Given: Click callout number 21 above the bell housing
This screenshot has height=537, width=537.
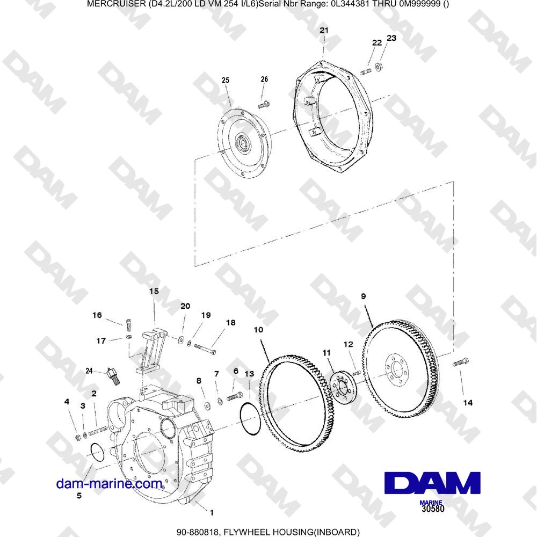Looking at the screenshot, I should tap(323, 31).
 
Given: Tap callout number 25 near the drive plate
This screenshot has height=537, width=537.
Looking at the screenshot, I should tap(225, 80).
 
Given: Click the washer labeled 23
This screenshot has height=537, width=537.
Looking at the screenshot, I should tap(379, 67).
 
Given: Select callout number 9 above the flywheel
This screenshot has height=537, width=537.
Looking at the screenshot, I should tap(364, 295).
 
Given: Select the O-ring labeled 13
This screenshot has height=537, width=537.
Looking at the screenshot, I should tap(249, 419).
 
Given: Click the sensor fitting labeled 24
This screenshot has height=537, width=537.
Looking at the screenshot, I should tap(113, 374).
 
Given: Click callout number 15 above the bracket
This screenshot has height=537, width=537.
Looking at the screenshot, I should tap(154, 291).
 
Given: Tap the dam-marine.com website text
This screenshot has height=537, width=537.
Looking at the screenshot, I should tap(110, 484).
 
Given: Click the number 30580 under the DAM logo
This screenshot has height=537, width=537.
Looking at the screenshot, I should tap(433, 508).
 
